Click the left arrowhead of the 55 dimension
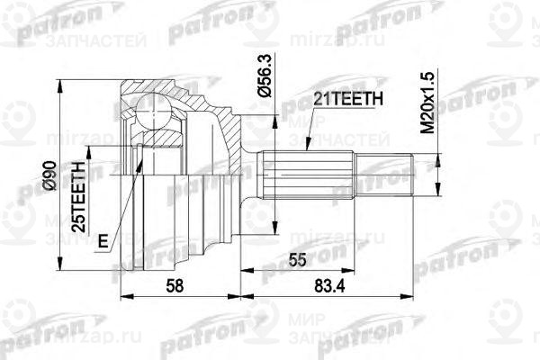(x=261, y=269)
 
